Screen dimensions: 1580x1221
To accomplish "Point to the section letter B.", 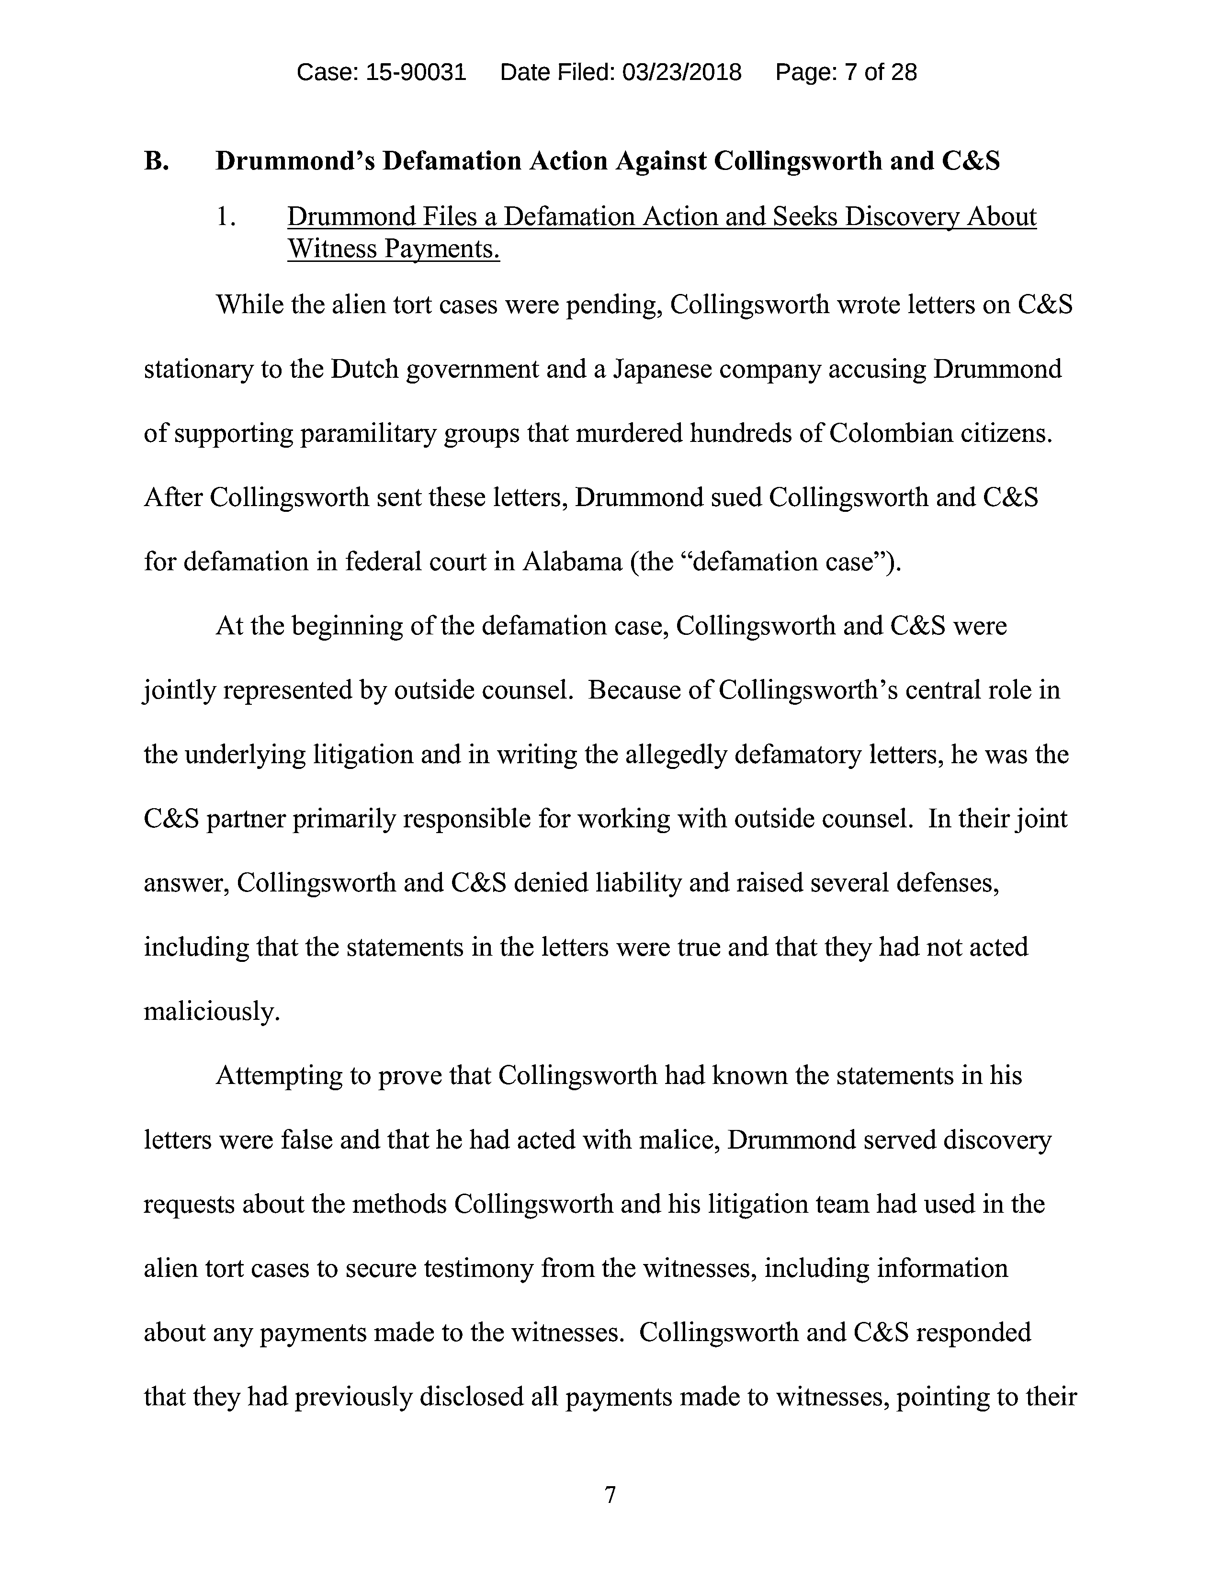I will point(156,160).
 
